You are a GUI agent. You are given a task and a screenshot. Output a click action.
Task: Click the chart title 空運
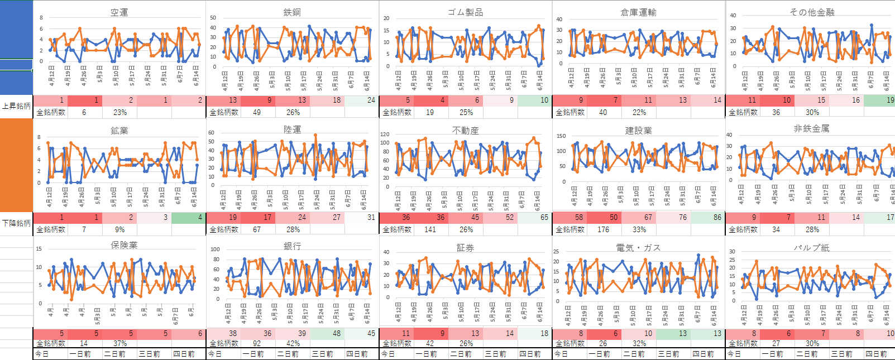[119, 12]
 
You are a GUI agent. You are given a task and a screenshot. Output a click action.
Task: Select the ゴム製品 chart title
[465, 12]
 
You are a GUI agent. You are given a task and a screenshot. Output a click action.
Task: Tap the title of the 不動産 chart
[465, 131]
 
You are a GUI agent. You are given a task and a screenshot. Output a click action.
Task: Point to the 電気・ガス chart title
[638, 248]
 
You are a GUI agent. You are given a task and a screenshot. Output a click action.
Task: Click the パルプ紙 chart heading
[811, 248]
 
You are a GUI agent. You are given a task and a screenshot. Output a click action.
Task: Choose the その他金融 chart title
[811, 12]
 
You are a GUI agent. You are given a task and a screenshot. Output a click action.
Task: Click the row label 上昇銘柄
[16, 106]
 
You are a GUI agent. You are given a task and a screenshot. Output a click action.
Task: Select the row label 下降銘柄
[16, 223]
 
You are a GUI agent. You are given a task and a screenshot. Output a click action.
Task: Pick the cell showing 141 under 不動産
[430, 229]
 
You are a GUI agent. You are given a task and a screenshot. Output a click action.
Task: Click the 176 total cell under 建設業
[603, 229]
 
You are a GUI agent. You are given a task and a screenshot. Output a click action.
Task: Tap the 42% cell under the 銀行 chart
[293, 344]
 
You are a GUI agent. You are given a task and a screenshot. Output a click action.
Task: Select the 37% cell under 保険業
[120, 344]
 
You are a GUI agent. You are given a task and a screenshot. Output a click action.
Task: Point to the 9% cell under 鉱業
[120, 229]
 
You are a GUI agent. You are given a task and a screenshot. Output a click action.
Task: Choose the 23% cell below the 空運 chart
[120, 112]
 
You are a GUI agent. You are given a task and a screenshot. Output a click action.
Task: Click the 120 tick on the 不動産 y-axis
[385, 135]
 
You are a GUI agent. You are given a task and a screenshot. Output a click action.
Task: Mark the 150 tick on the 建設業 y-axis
[561, 136]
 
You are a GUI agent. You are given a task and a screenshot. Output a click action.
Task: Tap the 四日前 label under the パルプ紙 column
[877, 354]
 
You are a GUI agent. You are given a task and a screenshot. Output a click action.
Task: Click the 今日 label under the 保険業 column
[42, 354]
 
